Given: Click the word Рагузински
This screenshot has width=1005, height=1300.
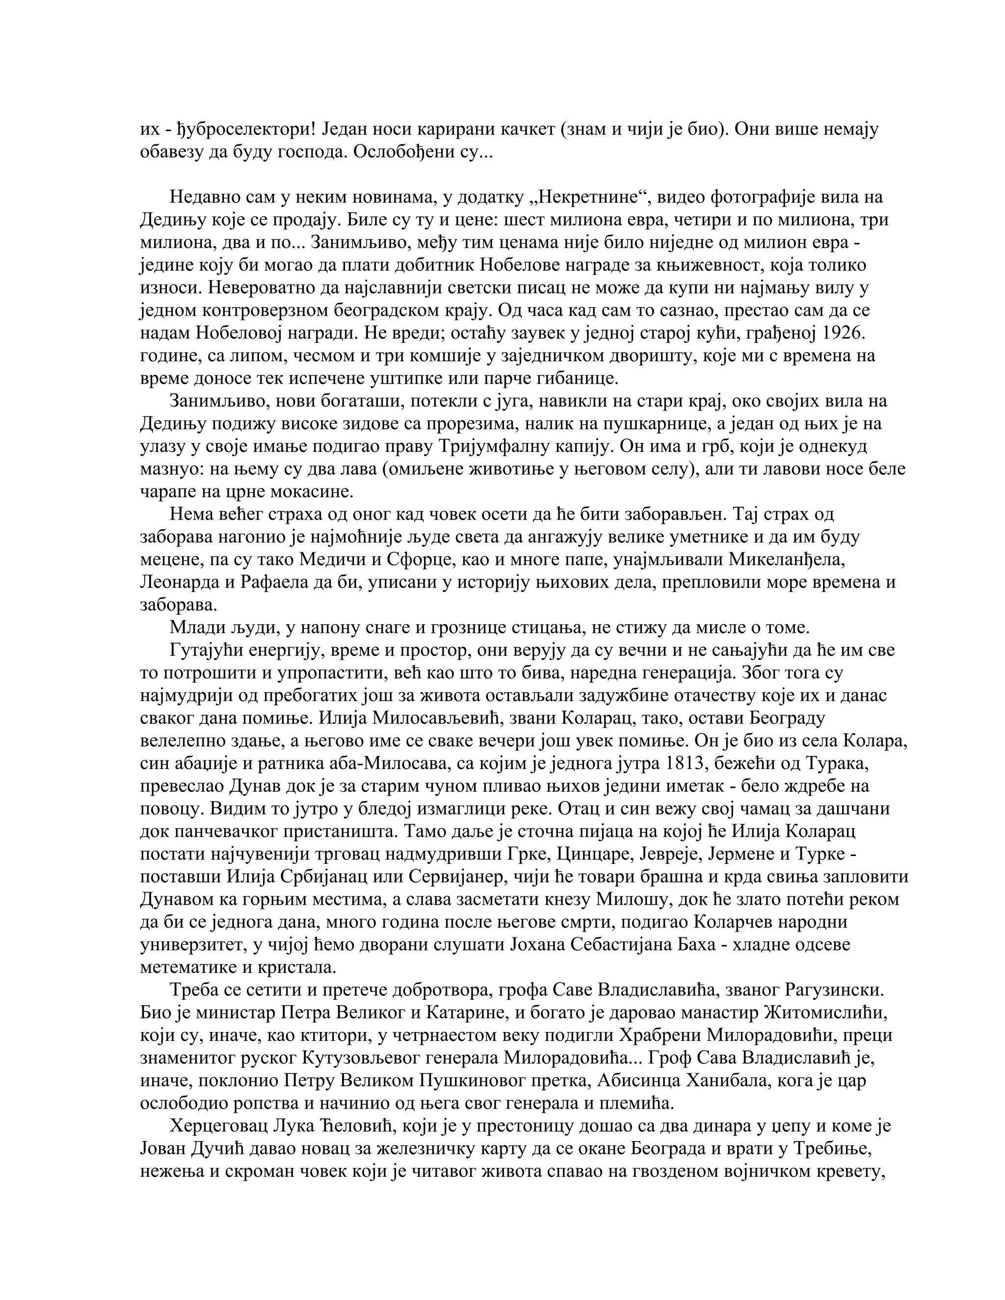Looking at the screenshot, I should (832, 990).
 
